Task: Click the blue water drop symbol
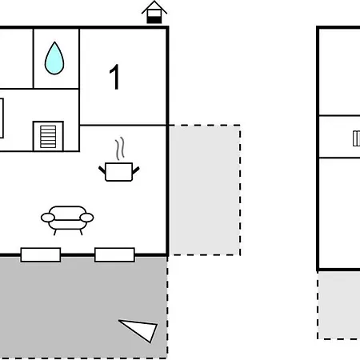[54, 58]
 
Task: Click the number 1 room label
[115, 77]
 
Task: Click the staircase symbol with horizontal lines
[48, 137]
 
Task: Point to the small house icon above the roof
[154, 12]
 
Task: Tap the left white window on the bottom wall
[41, 255]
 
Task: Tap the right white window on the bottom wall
[114, 255]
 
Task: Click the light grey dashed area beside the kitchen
[205, 190]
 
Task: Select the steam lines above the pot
[120, 148]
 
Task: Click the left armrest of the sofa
[48, 218]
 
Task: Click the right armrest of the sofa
[86, 218]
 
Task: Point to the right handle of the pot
[136, 170]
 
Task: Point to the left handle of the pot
[102, 170]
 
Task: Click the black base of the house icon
[154, 20]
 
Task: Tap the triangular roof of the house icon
[154, 7]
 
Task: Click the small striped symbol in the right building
[356, 138]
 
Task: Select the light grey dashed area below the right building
[338, 305]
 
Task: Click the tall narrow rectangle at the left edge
[2, 118]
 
